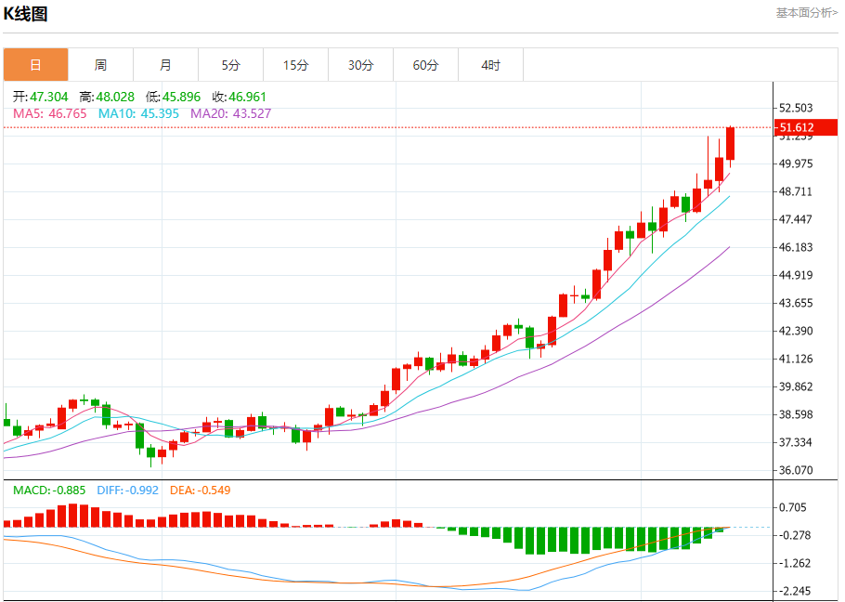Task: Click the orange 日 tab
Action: (x=35, y=65)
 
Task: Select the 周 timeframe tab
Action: (x=100, y=65)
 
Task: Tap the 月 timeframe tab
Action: (x=165, y=65)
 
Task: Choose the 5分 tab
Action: (x=230, y=65)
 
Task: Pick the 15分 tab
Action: (x=295, y=65)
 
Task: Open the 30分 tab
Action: (x=360, y=65)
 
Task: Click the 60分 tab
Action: (x=425, y=65)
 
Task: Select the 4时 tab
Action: (x=490, y=65)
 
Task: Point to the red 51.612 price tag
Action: (x=797, y=127)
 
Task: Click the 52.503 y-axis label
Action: (x=797, y=108)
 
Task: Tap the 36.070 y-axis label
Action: (x=797, y=470)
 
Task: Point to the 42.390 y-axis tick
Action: (x=797, y=331)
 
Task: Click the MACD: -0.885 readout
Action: (x=49, y=490)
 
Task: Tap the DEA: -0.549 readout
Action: (x=200, y=490)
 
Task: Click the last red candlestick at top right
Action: (x=731, y=143)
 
